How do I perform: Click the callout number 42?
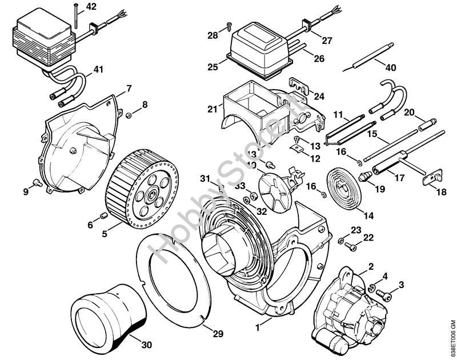(x=91, y=7)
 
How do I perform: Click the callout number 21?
(x=213, y=109)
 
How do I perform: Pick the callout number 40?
(x=391, y=67)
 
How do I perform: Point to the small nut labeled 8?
(x=129, y=115)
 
